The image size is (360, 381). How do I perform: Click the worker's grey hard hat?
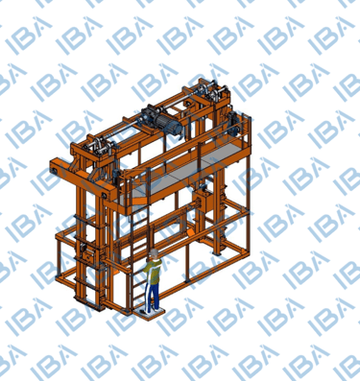(154, 252)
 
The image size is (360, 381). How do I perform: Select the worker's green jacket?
(154, 272)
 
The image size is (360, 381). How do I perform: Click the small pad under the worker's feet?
(149, 312)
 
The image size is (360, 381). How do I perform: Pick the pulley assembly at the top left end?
(98, 148)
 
